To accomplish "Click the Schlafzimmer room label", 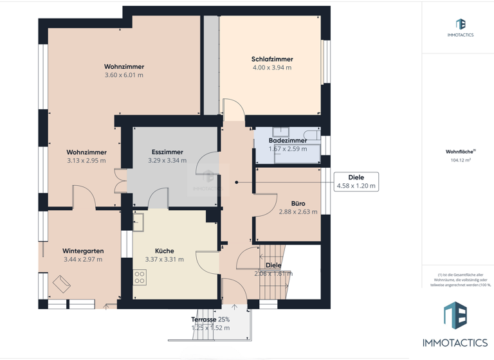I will [x=271, y=59].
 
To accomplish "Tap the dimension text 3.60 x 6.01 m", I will [x=123, y=75].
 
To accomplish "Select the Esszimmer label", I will [x=167, y=152].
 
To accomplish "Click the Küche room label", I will [x=164, y=251].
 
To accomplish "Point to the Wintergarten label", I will [x=83, y=251].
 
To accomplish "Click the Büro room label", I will [x=298, y=204].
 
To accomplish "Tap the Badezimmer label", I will [x=288, y=141].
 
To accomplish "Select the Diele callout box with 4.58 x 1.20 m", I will [x=356, y=181].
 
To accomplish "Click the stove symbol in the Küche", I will [x=140, y=277].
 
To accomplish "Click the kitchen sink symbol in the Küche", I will [x=139, y=222].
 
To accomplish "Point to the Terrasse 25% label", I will [x=210, y=319].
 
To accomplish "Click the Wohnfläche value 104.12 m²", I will [x=460, y=161].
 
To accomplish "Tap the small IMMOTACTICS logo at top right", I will [x=460, y=28].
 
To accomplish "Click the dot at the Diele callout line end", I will [x=237, y=182].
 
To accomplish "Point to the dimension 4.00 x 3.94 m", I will [x=271, y=67].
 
